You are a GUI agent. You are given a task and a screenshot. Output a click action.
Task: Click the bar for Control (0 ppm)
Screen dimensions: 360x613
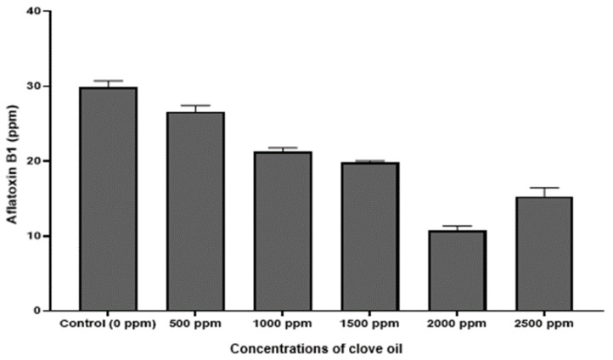(x=108, y=199)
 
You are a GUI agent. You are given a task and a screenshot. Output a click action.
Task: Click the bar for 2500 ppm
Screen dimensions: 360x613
(x=543, y=253)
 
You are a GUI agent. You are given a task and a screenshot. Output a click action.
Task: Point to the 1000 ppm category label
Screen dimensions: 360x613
(x=283, y=323)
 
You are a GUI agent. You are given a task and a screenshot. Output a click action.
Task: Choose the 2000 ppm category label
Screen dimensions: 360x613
(x=457, y=323)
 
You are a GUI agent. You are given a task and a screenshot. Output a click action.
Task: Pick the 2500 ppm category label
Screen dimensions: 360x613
(x=543, y=323)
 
